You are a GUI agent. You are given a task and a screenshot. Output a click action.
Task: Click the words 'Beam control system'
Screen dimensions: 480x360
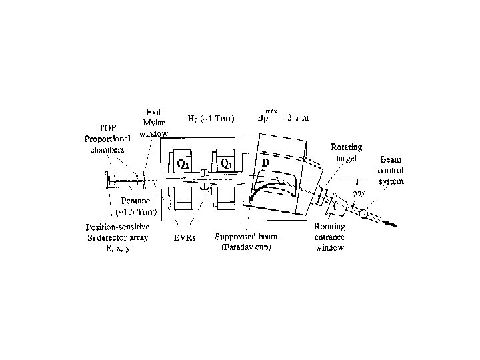point(391,171)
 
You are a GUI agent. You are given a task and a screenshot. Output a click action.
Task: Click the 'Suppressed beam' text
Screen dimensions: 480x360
point(245,236)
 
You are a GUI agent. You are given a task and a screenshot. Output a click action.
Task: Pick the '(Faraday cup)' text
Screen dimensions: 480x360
point(245,247)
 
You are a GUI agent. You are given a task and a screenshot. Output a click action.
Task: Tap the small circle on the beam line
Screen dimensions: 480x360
point(363,213)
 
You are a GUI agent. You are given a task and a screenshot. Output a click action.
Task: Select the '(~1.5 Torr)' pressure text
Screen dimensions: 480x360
point(135,212)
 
